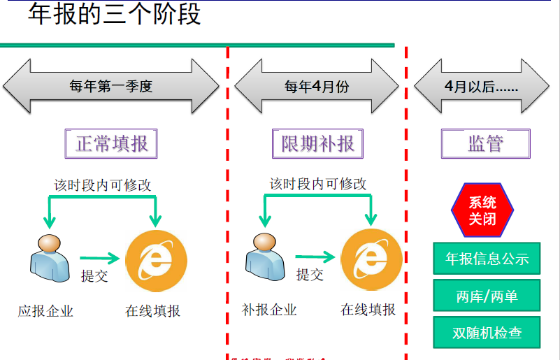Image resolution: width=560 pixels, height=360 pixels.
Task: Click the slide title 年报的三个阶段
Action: (x=115, y=15)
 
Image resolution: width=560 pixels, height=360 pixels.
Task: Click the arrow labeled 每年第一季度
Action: (x=110, y=87)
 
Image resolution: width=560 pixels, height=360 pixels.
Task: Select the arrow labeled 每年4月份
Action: (x=317, y=87)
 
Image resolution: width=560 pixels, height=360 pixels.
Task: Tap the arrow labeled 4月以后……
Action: (x=481, y=87)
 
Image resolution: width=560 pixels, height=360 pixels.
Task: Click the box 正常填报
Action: (x=111, y=144)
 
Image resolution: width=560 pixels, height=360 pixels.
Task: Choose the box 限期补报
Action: (x=317, y=144)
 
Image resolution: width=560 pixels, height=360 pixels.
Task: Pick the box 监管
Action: (x=485, y=144)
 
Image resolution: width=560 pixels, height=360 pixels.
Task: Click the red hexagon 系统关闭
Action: (x=482, y=210)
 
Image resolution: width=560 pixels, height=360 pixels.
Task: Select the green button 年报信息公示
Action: (x=487, y=259)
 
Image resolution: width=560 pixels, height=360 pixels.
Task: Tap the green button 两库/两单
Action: (x=487, y=296)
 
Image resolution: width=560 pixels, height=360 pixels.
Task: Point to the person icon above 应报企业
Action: (x=48, y=257)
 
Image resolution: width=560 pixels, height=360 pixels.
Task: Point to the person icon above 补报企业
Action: (x=264, y=257)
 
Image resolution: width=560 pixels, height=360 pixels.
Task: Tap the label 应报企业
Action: (x=45, y=311)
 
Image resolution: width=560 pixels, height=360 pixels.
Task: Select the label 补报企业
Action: (x=269, y=310)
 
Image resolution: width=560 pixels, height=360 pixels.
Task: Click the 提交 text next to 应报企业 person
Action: (x=94, y=275)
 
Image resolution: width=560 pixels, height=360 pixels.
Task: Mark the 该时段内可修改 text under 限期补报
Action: (x=318, y=184)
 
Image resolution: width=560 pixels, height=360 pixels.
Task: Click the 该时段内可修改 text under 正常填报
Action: (x=103, y=185)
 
